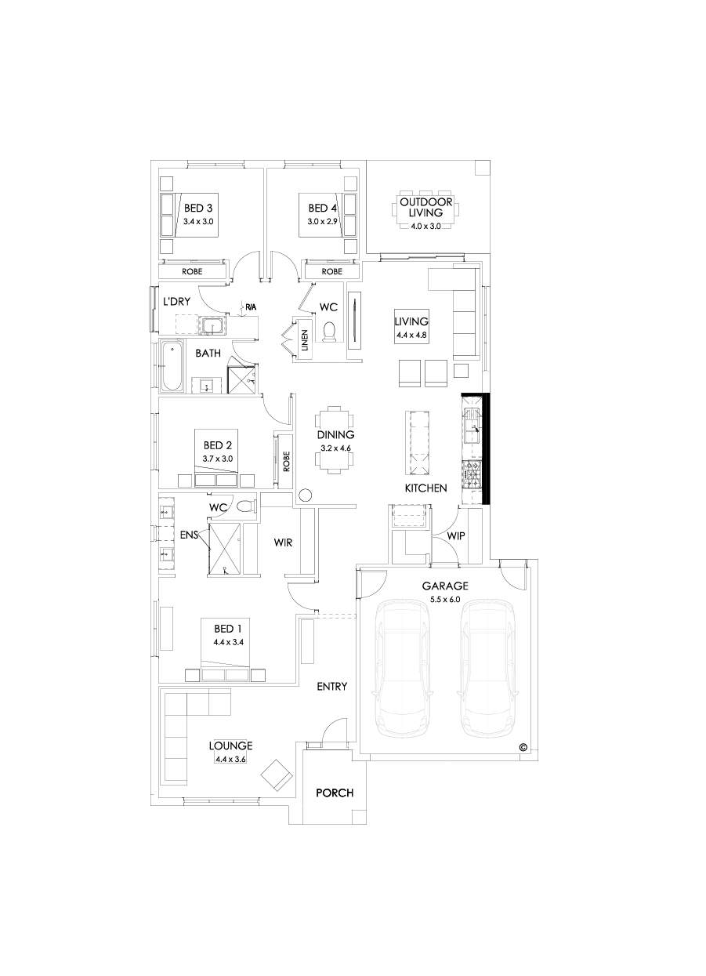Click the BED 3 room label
(x=198, y=209)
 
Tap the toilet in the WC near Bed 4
(x=330, y=332)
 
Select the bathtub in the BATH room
(x=171, y=367)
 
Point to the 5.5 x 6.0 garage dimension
(x=445, y=600)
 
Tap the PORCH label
(x=335, y=793)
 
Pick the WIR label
(x=283, y=542)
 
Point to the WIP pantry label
(x=456, y=536)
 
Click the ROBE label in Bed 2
(x=286, y=459)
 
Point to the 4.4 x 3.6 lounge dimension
(x=230, y=760)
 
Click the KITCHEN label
(x=425, y=488)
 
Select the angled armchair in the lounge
(x=276, y=775)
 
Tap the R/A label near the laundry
(x=250, y=307)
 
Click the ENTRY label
(x=331, y=687)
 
